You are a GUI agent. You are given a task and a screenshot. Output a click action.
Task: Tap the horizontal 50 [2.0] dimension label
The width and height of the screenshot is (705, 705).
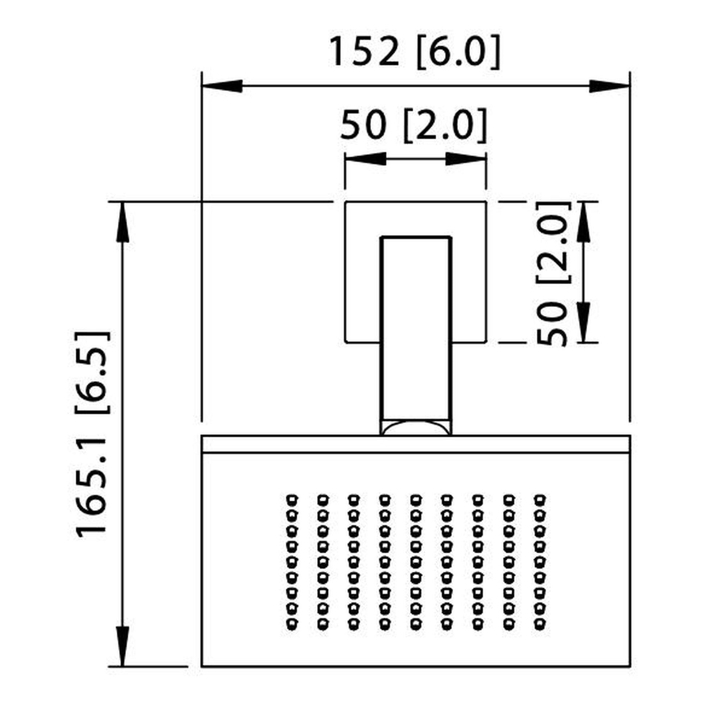click(413, 125)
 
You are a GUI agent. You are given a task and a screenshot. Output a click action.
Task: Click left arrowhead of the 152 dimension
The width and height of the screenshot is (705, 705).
click(222, 86)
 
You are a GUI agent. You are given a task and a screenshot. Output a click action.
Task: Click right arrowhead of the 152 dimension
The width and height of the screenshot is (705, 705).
click(609, 86)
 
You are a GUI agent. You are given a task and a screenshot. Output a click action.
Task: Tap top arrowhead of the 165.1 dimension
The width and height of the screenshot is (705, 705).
click(122, 222)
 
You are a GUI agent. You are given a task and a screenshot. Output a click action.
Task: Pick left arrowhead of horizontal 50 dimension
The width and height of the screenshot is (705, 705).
click(366, 159)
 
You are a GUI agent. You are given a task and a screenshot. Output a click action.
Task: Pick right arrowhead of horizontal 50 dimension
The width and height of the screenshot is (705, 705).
click(466, 159)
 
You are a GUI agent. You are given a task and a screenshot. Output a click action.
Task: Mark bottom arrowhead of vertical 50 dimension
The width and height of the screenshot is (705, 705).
click(583, 322)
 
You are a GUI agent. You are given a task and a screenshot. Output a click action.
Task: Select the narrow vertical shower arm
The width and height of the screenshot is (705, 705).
click(416, 329)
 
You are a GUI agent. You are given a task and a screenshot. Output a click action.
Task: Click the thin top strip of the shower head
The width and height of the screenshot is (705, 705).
click(416, 444)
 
